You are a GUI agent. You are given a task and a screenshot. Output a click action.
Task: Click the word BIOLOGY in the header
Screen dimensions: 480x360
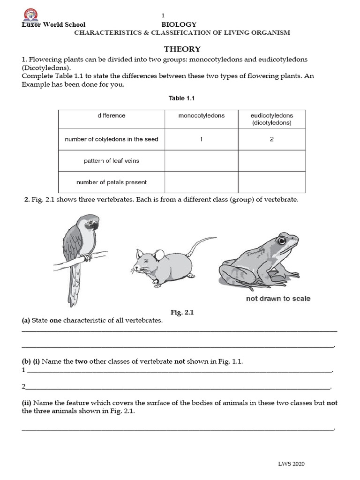pyautogui.click(x=179, y=24)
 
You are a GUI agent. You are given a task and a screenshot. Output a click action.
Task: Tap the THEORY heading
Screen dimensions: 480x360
pyautogui.click(x=182, y=49)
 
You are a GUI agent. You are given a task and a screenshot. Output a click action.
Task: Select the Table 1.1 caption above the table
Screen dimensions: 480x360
pyautogui.click(x=181, y=98)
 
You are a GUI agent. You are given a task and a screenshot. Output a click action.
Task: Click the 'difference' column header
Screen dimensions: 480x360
pyautogui.click(x=112, y=115)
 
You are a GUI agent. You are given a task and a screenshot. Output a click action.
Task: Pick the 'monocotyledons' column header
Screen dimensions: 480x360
pyautogui.click(x=202, y=115)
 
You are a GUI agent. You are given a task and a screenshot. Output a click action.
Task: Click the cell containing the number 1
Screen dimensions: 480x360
pyautogui.click(x=202, y=139)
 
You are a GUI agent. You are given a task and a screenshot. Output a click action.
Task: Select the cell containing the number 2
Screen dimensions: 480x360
pyautogui.click(x=271, y=139)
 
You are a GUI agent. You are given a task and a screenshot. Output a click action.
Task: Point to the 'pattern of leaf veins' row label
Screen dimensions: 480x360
pyautogui.click(x=112, y=161)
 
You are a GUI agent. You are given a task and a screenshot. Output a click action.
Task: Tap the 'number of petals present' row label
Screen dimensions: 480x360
pyautogui.click(x=112, y=182)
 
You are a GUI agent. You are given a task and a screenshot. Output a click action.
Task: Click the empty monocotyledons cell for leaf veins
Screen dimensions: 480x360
pyautogui.click(x=202, y=161)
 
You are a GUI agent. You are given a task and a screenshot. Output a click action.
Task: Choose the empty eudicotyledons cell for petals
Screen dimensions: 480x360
pyautogui.click(x=271, y=182)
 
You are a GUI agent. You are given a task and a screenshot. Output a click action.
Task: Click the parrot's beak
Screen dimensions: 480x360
pyautogui.click(x=95, y=225)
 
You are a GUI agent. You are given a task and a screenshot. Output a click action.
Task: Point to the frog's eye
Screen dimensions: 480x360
pyautogui.click(x=281, y=241)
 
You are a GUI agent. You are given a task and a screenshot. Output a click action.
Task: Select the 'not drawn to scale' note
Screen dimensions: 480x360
pyautogui.click(x=278, y=299)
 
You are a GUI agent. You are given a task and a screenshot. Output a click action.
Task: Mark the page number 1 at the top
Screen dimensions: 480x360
pyautogui.click(x=163, y=15)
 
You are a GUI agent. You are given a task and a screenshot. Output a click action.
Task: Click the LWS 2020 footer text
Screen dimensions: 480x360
pyautogui.click(x=291, y=464)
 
